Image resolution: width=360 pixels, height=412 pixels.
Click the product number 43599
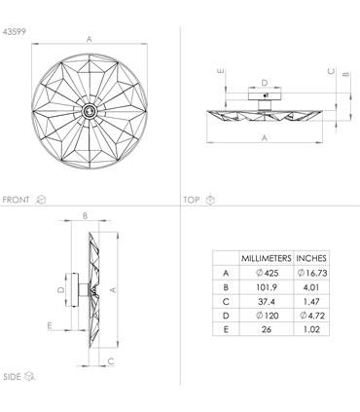[x=15, y=32]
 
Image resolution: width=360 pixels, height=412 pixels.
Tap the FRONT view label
[x=16, y=200]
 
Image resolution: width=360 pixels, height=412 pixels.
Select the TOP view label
[x=192, y=200]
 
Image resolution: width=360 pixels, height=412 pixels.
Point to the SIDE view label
[x=12, y=377]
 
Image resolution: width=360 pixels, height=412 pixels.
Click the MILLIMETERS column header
[x=266, y=258]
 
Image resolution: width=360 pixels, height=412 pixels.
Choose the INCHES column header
[x=311, y=258]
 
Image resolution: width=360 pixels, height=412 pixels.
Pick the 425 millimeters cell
[x=268, y=273]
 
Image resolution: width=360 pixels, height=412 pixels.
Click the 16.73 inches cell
[x=312, y=273]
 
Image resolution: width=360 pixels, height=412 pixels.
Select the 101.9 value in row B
[x=267, y=287]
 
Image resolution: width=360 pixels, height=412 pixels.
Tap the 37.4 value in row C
[x=267, y=302]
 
